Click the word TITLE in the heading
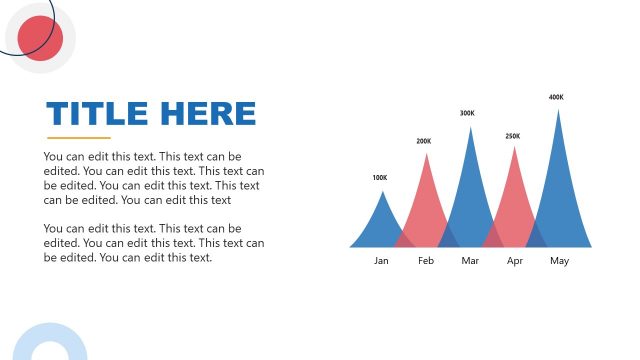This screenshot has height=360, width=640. tap(95, 113)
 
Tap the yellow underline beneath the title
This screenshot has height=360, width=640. tap(79, 138)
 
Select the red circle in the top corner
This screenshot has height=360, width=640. tap(41, 38)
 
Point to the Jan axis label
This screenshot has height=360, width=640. tap(381, 261)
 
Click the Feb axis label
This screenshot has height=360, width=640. tap(426, 261)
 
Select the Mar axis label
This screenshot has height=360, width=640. tap(471, 261)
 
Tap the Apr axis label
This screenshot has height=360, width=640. tap(515, 261)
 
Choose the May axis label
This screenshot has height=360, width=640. tap(559, 261)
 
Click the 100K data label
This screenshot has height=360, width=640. tap(379, 178)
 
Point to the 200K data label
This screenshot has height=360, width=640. tap(424, 141)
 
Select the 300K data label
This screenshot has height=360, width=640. tap(467, 113)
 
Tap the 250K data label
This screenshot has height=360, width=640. tap(513, 136)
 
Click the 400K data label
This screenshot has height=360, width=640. tap(556, 97)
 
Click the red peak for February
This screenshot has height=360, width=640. tap(426, 205)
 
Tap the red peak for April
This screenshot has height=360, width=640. tap(515, 200)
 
